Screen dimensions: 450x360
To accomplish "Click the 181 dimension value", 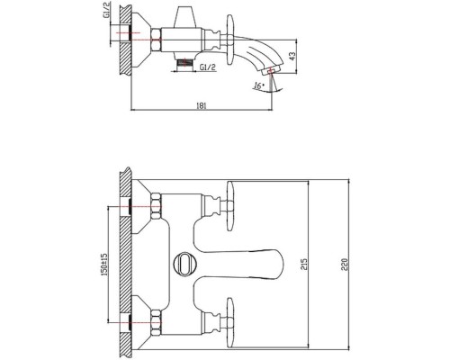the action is (202, 105).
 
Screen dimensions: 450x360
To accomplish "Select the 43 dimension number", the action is (292, 56).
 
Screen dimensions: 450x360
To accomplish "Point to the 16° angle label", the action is (258, 85).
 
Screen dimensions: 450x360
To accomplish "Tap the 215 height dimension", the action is (304, 264).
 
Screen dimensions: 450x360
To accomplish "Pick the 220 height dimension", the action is (345, 265).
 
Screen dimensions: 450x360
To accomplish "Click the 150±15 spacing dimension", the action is (104, 265).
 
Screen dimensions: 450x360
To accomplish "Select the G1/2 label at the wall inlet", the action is (108, 10).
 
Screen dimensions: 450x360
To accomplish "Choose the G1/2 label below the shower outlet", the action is (208, 67).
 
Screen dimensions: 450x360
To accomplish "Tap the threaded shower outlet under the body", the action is (184, 63).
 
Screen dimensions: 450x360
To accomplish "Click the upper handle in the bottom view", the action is (230, 206).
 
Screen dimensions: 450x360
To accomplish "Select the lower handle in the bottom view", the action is (230, 323).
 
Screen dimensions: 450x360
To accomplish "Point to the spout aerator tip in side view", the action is (272, 70).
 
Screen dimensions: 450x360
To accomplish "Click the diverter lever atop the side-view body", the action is (184, 17).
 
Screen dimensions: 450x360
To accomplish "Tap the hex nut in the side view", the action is (157, 40).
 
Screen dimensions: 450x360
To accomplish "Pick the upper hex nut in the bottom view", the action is (157, 206).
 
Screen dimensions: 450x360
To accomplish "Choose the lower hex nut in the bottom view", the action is (157, 323).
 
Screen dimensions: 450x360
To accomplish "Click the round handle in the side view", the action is (229, 40).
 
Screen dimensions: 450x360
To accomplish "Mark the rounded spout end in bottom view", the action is (277, 265).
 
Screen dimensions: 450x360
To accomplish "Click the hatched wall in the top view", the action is (125, 40).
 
